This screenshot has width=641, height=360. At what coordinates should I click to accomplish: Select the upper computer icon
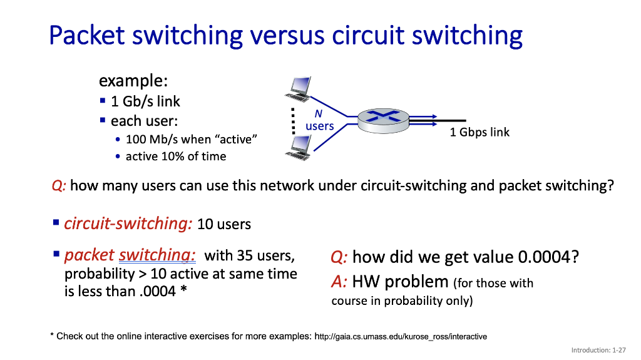[x=299, y=88]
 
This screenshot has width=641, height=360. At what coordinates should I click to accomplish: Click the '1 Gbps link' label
[x=479, y=132]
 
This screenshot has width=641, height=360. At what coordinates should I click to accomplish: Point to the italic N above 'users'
[x=318, y=114]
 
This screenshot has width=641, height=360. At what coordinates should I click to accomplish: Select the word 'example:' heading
[x=133, y=81]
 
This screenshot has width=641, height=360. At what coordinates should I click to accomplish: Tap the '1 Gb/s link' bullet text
[x=145, y=101]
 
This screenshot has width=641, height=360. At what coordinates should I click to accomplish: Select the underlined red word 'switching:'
[x=157, y=255]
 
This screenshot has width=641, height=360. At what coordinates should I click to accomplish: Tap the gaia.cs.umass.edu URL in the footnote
[x=401, y=337]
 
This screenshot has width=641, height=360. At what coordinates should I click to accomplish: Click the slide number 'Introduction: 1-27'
[x=598, y=351]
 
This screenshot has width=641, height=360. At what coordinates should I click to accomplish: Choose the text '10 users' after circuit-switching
[x=223, y=224]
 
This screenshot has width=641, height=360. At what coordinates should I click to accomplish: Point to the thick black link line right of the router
[x=451, y=120]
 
